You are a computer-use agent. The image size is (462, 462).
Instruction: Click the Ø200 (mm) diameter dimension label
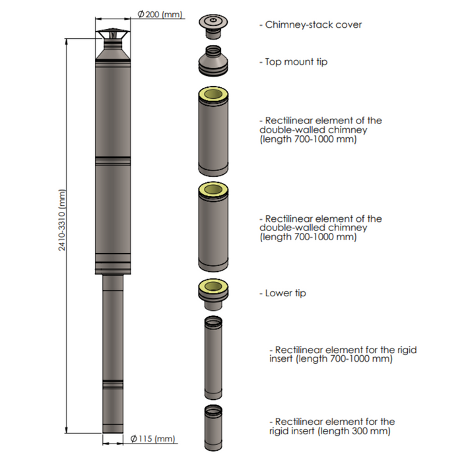pos(160,14)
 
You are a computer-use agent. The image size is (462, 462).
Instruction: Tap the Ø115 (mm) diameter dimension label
pos(152,438)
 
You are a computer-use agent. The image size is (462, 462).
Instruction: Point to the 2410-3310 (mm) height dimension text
pos(61,220)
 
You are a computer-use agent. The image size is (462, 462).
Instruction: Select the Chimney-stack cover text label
pos(311,24)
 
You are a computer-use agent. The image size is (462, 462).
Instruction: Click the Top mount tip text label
pos(294,62)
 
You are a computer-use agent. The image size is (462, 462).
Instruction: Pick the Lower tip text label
pos(283,293)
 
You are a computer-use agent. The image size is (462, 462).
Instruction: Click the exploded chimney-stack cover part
pos(213,26)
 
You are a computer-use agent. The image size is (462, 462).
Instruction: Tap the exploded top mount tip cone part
pos(213,61)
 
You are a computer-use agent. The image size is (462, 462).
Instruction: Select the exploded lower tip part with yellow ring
pos(213,294)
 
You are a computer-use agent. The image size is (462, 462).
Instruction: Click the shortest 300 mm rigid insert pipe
pos(213,428)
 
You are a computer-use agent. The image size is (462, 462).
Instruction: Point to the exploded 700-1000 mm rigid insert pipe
pos(213,358)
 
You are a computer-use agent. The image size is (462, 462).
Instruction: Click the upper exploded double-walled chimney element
pos(213,131)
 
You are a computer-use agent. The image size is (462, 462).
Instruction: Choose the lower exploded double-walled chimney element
pos(213,226)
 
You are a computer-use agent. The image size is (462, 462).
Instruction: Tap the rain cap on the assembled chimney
pos(113,36)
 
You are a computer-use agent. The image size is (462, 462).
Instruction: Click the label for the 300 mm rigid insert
pos(332,426)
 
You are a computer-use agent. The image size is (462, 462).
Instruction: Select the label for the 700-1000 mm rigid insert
pos(343,354)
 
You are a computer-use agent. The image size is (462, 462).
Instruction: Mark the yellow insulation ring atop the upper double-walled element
pos(213,94)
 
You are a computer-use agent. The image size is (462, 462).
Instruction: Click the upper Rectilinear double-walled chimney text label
pos(321,129)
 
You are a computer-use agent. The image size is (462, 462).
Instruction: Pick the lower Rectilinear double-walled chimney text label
pos(321,228)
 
